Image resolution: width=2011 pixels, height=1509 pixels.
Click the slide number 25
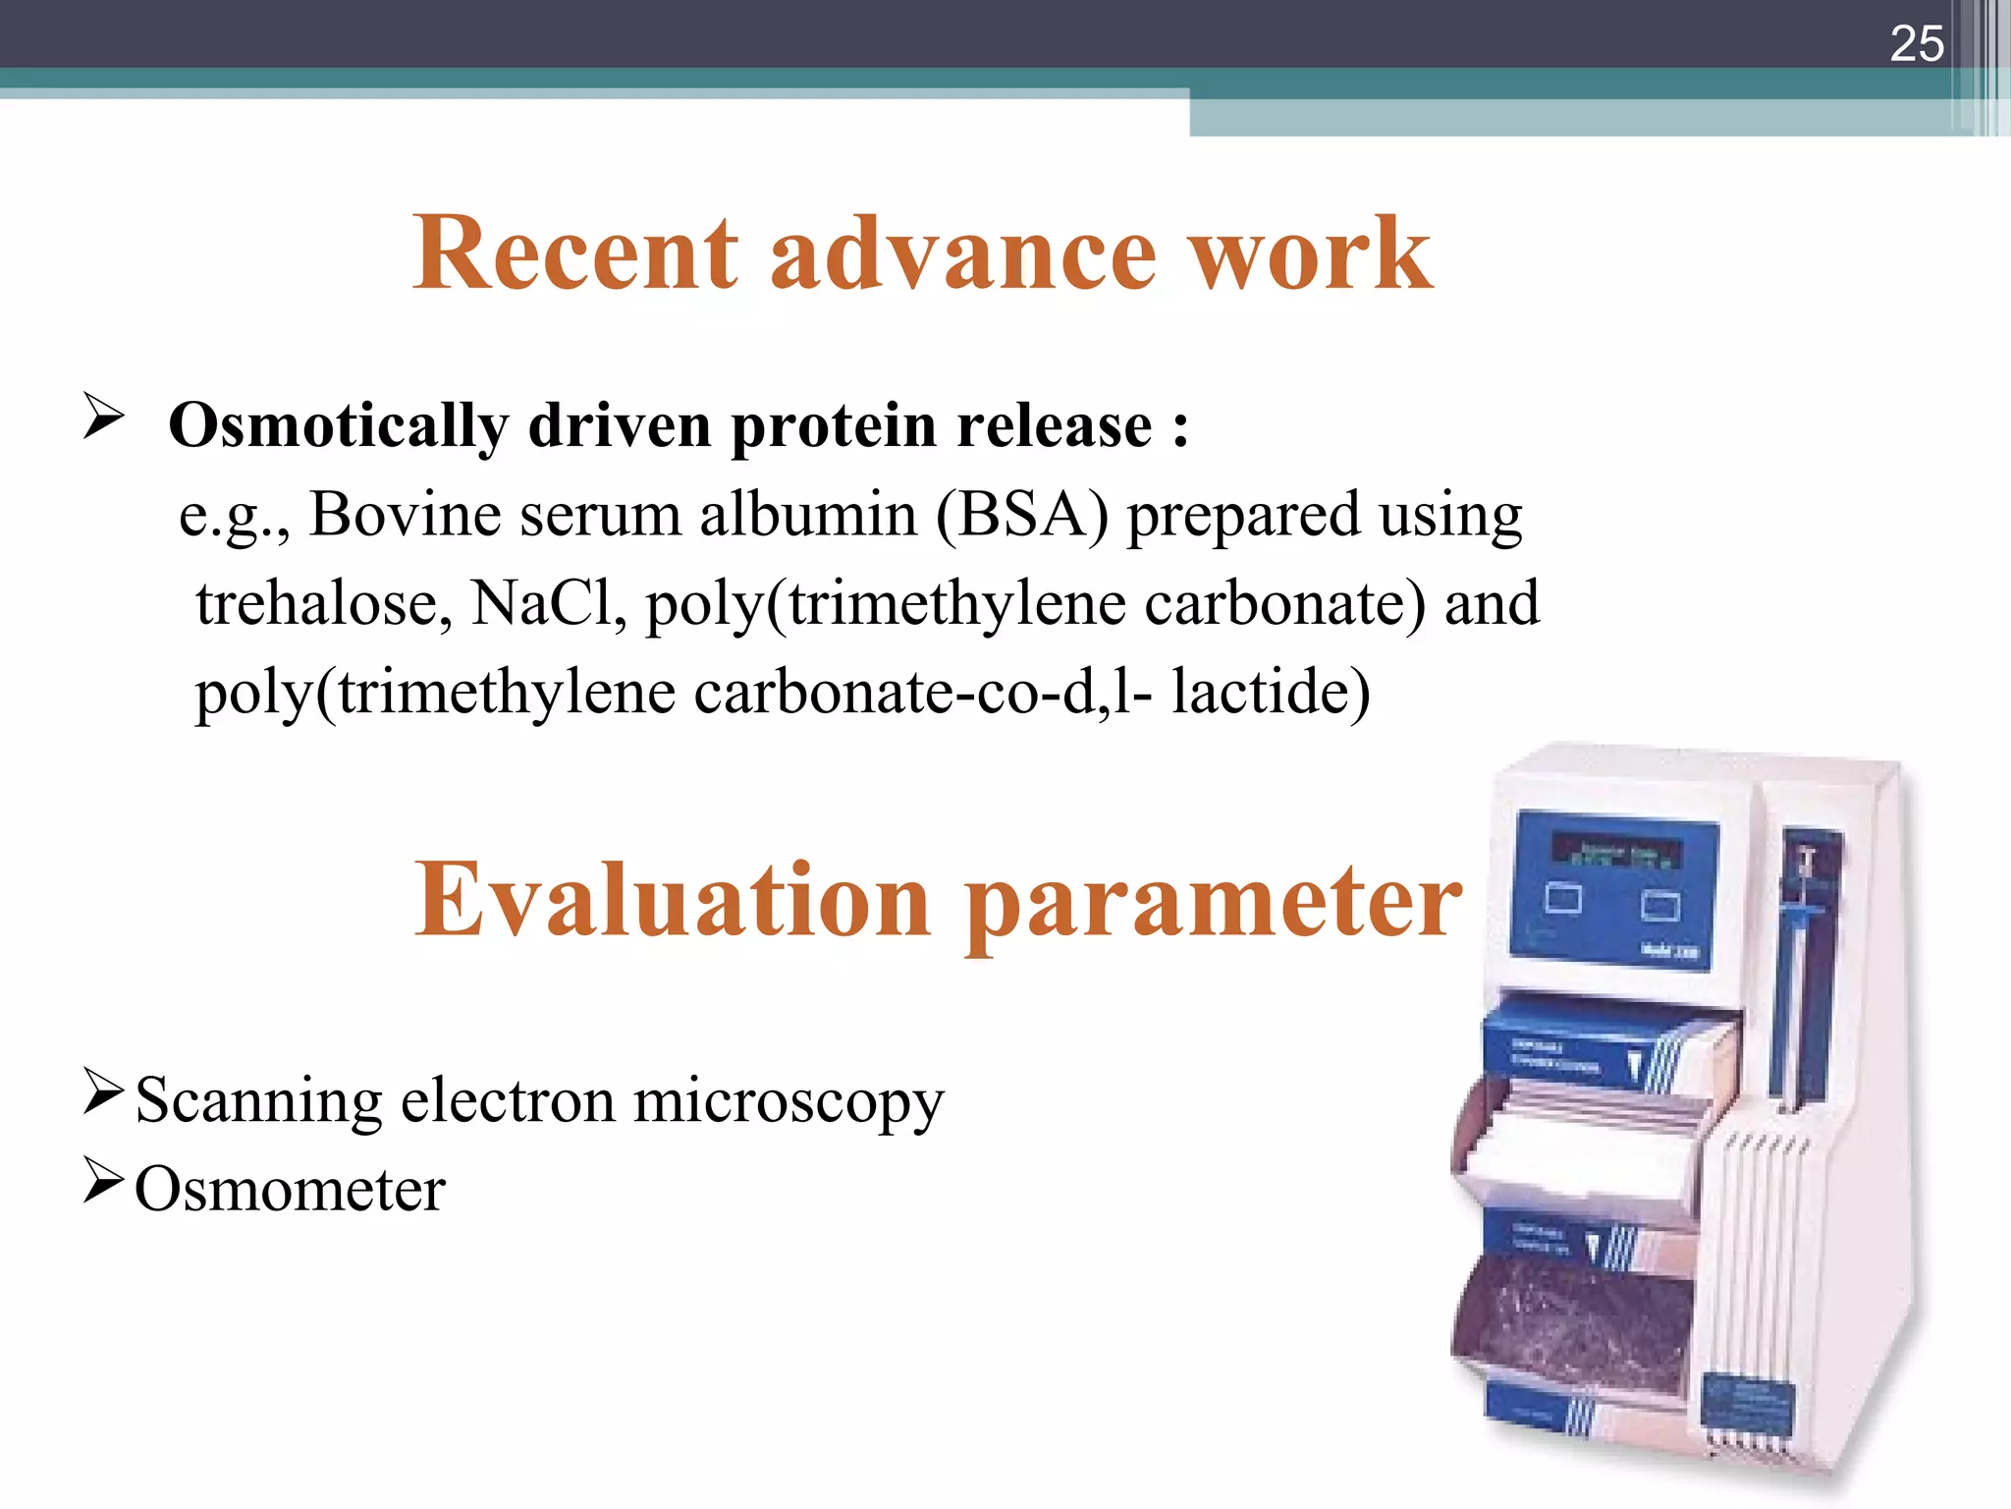click(1916, 44)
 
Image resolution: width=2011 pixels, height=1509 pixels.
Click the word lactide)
click(1271, 692)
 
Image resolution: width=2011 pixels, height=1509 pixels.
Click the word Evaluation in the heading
click(672, 900)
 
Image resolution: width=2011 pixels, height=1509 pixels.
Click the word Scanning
click(258, 1100)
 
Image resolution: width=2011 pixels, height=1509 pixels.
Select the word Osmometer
click(290, 1190)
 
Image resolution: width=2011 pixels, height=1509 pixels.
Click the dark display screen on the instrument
click(1616, 851)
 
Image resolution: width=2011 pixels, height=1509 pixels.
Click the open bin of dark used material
click(1576, 1326)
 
